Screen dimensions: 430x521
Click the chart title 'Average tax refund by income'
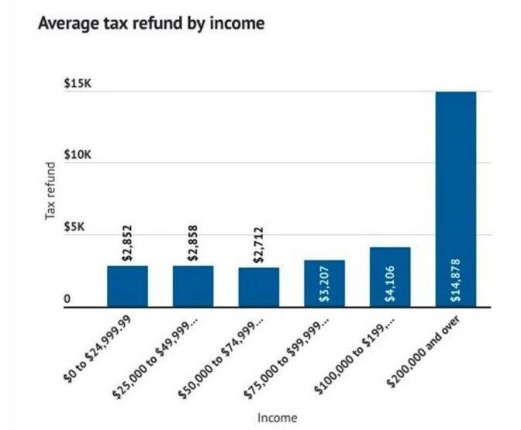151,24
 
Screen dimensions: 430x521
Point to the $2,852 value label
128,242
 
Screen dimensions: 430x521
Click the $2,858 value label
194,242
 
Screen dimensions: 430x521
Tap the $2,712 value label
259,243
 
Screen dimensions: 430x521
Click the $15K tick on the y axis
80,84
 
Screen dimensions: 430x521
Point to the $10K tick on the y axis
80,156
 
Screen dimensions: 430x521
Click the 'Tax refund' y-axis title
51,191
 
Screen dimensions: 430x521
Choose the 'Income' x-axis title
276,418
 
